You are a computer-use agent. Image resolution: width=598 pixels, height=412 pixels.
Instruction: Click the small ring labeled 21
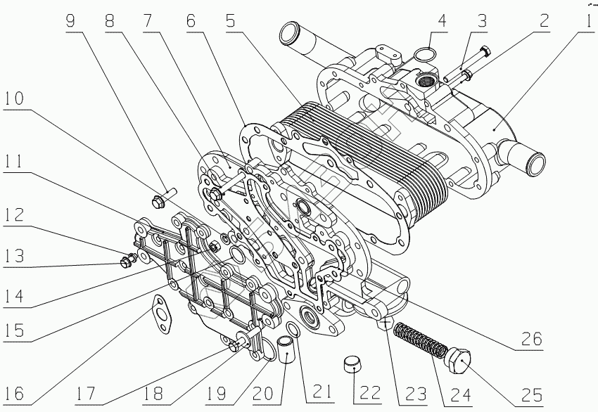(x=295, y=330)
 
